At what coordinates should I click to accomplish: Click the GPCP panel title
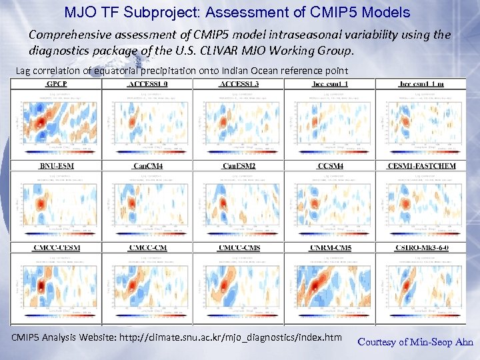coord(55,84)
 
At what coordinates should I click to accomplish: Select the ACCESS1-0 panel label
coord(147,84)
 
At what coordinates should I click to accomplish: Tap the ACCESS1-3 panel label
coord(239,84)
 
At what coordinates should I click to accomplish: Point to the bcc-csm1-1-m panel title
coord(421,84)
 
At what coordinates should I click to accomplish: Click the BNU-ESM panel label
coord(55,165)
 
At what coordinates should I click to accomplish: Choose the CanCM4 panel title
coord(147,165)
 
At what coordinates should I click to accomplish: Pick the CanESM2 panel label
coord(239,165)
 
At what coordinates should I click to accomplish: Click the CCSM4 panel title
coord(330,165)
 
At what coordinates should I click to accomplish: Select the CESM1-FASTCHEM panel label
coord(421,165)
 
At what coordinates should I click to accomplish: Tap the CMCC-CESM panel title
coord(55,248)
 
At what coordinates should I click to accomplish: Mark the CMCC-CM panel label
coord(147,248)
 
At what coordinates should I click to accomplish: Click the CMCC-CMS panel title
coord(239,248)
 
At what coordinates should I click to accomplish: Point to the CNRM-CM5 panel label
coord(330,248)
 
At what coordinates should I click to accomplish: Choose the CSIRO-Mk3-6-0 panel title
coord(421,248)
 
